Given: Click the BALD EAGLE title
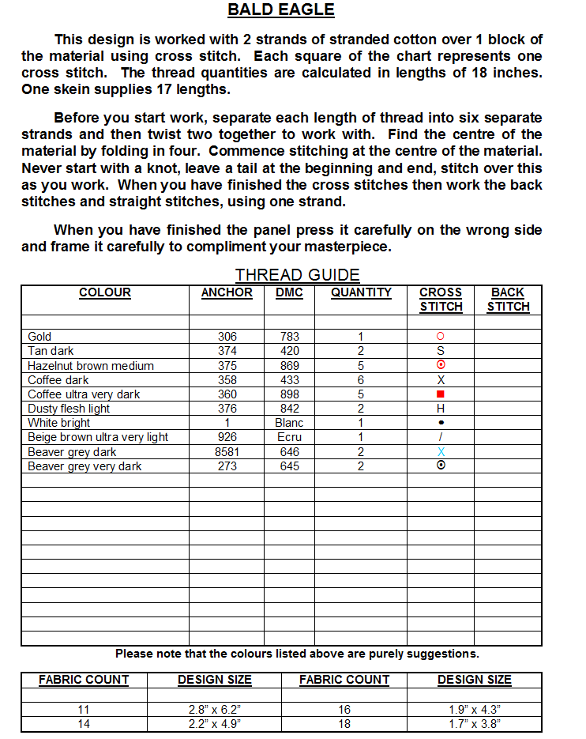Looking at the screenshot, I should click(x=281, y=10).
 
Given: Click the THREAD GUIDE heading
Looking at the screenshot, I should click(x=297, y=275).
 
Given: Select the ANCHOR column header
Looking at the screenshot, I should click(x=227, y=292).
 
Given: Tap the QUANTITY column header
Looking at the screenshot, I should click(x=361, y=292).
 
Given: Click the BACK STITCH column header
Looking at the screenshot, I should click(x=508, y=300).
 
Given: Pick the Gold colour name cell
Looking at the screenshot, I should click(x=39, y=337).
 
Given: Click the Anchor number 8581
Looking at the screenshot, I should click(x=227, y=452).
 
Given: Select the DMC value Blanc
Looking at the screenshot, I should click(x=289, y=423).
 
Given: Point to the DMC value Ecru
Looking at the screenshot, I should click(x=289, y=437).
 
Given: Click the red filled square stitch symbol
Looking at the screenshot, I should click(x=441, y=394).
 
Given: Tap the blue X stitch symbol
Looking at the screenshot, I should click(x=441, y=452).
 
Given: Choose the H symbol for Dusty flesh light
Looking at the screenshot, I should click(x=441, y=409).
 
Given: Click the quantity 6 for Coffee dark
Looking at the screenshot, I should click(x=361, y=380).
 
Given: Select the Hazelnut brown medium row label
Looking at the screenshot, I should click(x=91, y=366).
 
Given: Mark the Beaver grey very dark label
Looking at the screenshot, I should click(x=85, y=466).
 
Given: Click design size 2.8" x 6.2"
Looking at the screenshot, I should click(x=214, y=710).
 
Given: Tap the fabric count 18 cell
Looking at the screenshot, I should click(x=344, y=723).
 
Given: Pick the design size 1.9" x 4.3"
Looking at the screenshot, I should click(x=475, y=710).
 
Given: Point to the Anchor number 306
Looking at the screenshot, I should click(x=227, y=337).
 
